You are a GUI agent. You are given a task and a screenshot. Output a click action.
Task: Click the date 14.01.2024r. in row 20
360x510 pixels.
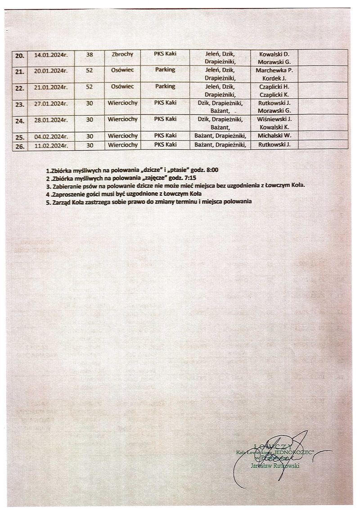click(50, 55)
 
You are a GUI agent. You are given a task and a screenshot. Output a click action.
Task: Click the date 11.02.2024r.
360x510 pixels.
click(50, 144)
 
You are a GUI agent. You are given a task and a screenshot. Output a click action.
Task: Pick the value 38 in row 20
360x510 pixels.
click(89, 54)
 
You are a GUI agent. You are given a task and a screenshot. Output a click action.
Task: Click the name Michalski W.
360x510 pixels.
click(274, 135)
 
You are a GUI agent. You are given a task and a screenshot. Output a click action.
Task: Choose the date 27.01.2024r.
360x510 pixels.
click(50, 103)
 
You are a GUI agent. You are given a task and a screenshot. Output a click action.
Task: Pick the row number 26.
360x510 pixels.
click(19, 145)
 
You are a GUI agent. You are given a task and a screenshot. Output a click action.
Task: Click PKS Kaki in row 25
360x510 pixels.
click(165, 135)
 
